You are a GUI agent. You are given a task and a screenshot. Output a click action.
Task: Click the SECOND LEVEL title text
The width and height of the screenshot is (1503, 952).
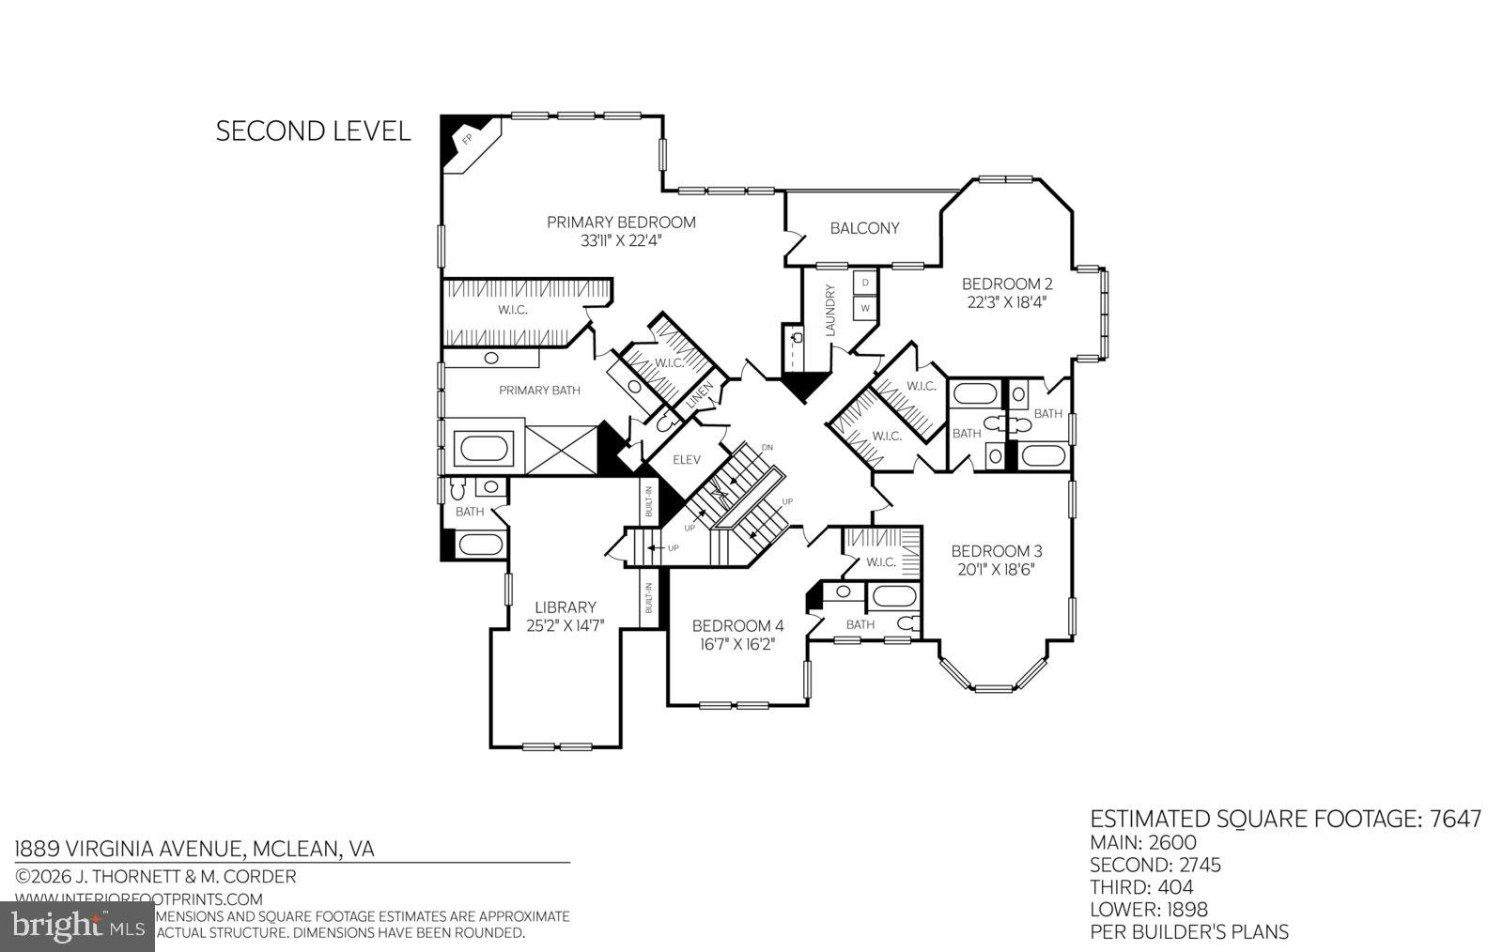[313, 131]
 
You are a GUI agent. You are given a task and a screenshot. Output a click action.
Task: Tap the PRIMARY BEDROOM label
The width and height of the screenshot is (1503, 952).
[621, 223]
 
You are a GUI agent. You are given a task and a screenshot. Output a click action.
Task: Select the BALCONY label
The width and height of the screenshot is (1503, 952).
[864, 228]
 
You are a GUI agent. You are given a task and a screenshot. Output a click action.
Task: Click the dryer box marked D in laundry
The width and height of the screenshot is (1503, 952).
[865, 282]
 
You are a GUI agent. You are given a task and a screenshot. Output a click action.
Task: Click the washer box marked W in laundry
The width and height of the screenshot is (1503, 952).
[865, 307]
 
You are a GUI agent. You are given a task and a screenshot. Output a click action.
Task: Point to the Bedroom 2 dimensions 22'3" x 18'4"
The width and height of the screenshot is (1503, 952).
[1006, 302]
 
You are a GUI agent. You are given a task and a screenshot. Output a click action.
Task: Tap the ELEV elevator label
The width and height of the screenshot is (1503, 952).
[687, 460]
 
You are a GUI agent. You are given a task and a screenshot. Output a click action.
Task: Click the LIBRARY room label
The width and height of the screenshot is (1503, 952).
[566, 607]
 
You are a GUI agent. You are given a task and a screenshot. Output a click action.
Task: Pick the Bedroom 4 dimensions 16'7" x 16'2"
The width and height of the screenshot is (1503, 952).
[736, 644]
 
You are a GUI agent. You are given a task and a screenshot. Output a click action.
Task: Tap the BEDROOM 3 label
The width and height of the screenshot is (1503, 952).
[996, 551]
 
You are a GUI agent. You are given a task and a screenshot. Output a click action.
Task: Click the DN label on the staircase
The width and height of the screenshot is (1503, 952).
[767, 447]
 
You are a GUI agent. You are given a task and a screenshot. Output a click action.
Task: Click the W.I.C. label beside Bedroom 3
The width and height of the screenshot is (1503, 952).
[880, 562]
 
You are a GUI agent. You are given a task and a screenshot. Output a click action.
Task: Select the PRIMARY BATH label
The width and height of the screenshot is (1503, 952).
[539, 390]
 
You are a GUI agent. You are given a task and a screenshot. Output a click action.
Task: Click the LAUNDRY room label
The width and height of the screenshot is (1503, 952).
[830, 310]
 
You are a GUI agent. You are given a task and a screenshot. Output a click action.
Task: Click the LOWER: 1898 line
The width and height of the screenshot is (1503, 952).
[1148, 909]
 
